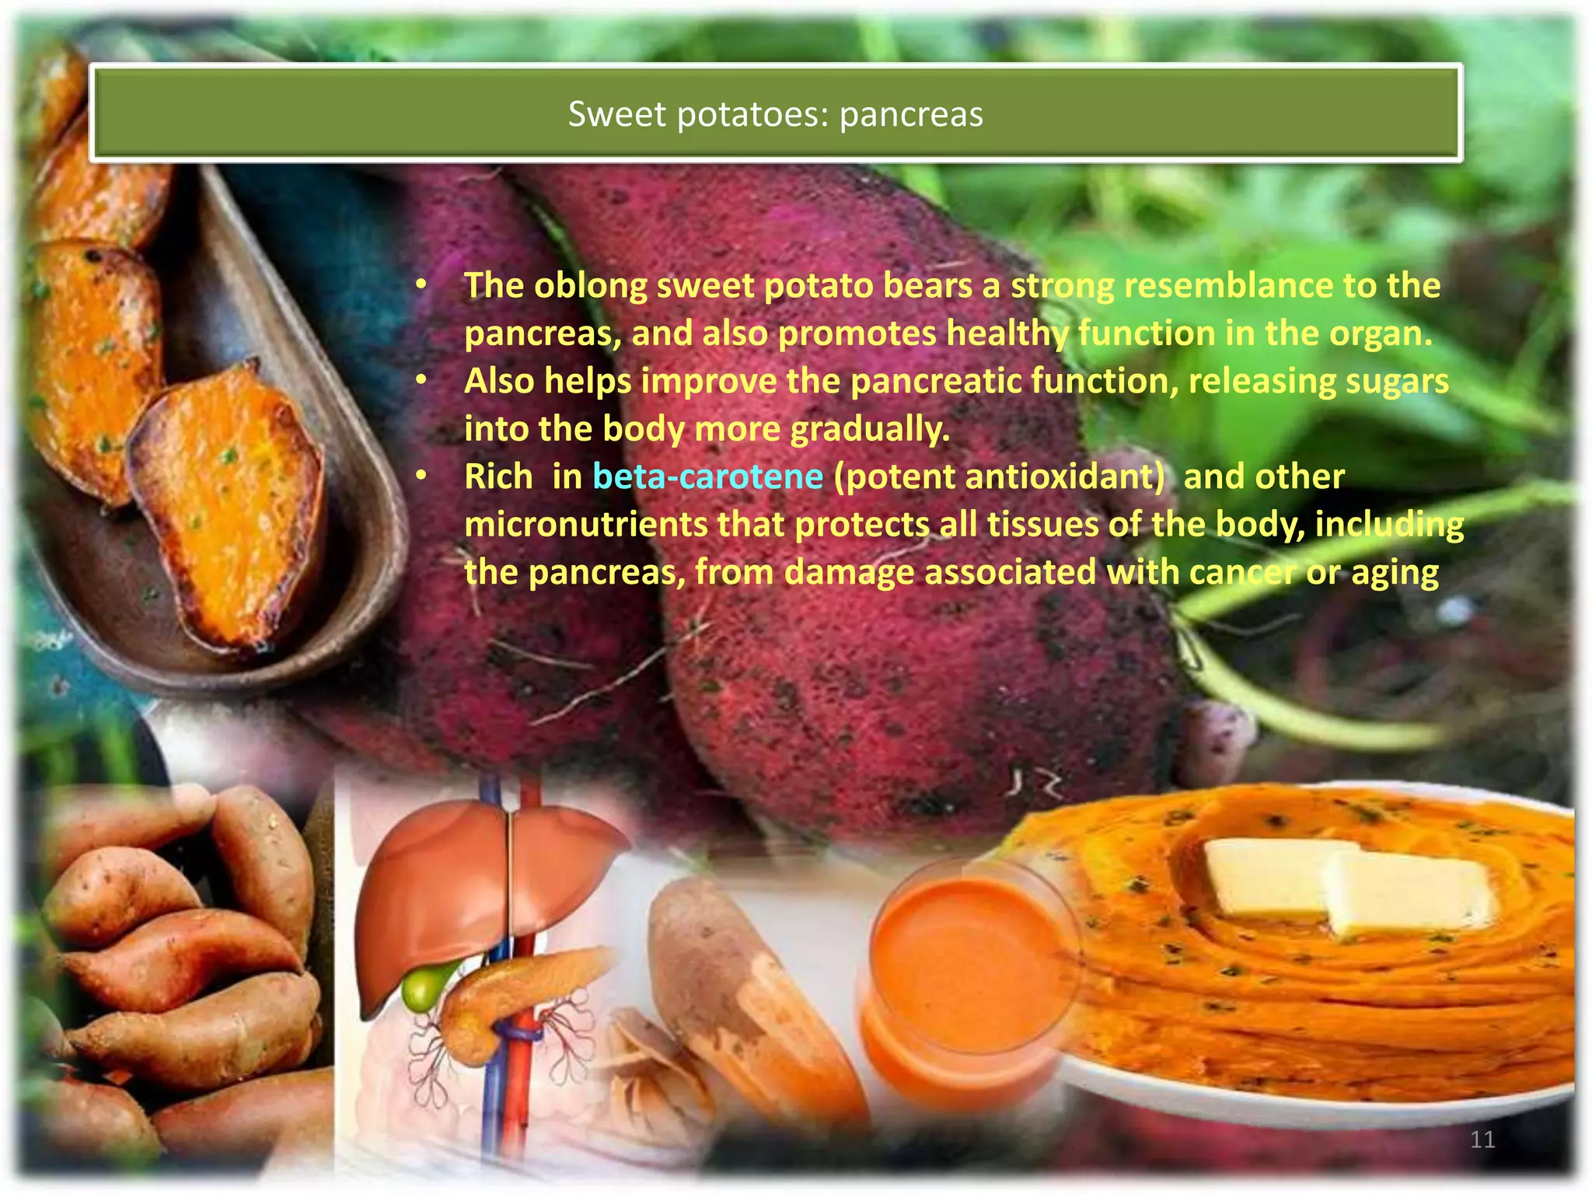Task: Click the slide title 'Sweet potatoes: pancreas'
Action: [775, 114]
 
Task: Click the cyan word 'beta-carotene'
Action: [707, 477]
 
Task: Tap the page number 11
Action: [1482, 1140]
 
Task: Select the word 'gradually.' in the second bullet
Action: [870, 429]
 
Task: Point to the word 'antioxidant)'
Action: [999, 477]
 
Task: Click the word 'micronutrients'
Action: [585, 525]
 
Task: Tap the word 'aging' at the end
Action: [1395, 573]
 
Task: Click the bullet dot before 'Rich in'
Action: [421, 476]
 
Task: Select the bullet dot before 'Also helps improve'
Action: [421, 380]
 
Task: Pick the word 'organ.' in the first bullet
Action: [1381, 334]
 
